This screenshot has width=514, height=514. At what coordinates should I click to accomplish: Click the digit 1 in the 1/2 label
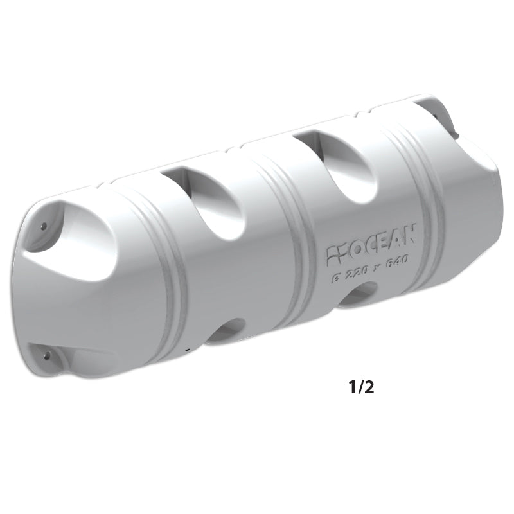(352, 388)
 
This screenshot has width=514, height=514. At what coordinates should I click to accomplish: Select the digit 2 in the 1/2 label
(371, 388)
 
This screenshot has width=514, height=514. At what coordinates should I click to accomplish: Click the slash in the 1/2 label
(361, 388)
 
